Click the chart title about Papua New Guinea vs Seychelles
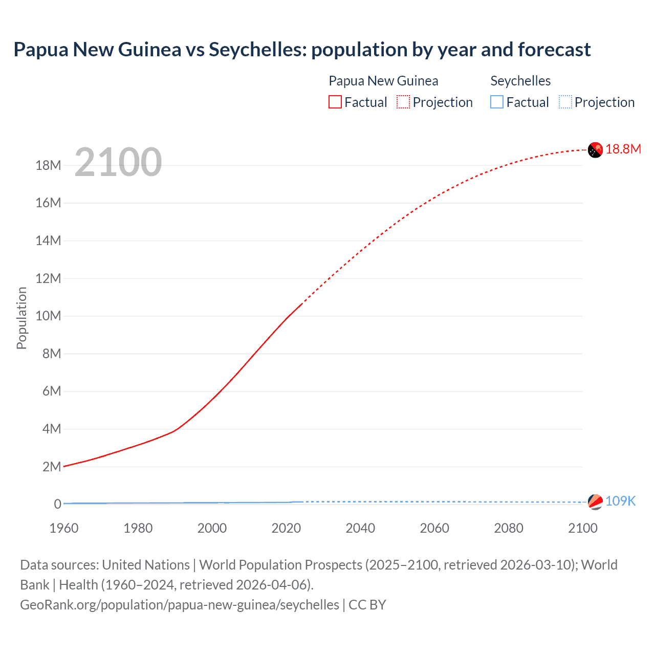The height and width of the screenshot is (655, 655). point(302,50)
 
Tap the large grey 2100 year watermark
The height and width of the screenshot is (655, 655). point(118,162)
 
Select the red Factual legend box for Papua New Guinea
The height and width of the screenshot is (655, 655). point(335,102)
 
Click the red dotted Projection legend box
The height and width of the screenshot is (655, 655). point(403,102)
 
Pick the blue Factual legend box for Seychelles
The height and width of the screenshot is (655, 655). point(497,102)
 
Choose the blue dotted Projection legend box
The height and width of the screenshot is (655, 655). point(565,102)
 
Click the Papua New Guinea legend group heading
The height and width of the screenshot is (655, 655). point(383,81)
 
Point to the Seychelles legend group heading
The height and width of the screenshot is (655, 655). point(520,81)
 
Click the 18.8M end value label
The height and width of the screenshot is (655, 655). point(623,149)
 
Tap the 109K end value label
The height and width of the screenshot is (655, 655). point(620,501)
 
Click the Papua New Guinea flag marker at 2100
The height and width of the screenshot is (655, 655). point(595,150)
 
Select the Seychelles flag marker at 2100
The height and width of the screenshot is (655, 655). point(595,502)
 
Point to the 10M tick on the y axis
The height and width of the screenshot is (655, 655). point(48,316)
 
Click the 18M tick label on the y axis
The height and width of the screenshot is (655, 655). point(48,165)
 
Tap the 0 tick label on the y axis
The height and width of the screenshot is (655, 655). point(57,504)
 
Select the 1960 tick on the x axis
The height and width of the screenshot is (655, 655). point(64,528)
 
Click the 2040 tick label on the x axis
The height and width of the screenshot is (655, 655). point(360,528)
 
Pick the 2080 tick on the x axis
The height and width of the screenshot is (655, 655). point(509,528)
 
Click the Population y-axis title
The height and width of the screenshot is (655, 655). point(21,318)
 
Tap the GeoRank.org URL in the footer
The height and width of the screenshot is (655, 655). point(179,605)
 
